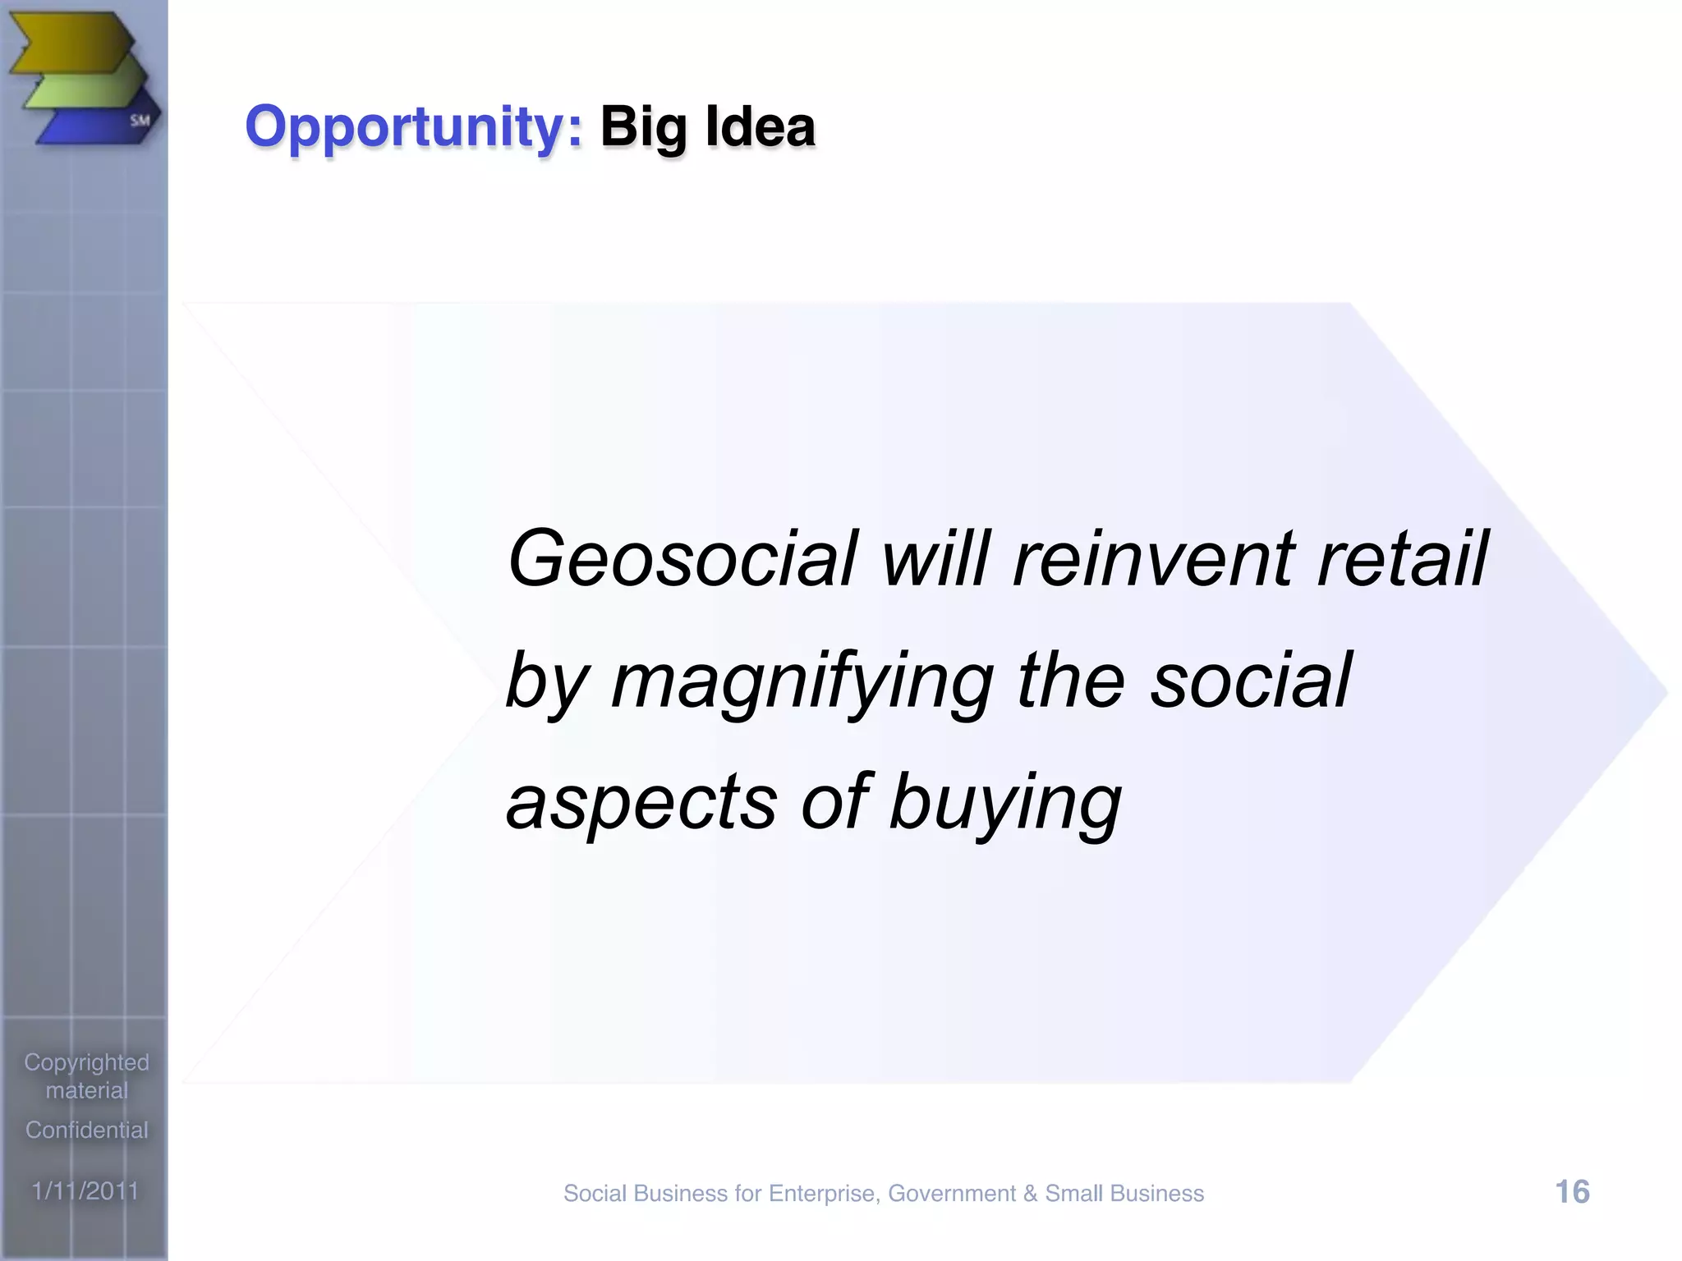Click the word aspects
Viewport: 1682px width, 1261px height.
point(641,802)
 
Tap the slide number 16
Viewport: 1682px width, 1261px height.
point(1572,1192)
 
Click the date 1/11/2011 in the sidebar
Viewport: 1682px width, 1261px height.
point(85,1190)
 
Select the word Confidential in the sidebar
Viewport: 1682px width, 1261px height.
point(86,1130)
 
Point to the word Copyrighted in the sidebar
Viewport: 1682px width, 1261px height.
point(86,1062)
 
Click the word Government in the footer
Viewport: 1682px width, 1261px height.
point(951,1194)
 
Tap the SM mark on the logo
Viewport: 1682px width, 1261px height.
point(140,121)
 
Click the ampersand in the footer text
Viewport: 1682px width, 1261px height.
point(1030,1194)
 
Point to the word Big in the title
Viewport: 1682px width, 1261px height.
point(642,128)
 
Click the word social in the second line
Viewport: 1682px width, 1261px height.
point(1250,681)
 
